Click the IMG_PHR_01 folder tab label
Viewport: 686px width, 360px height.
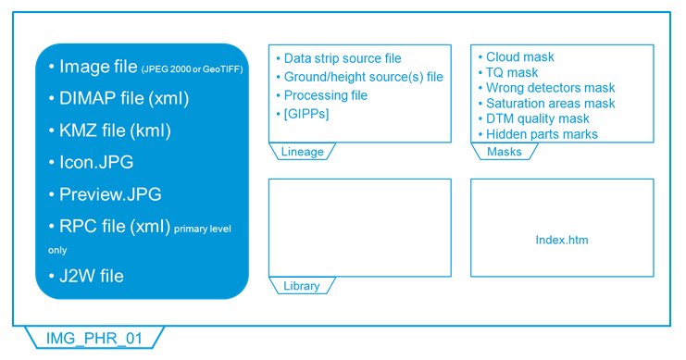click(x=94, y=338)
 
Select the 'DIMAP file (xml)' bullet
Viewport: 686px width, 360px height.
click(x=123, y=98)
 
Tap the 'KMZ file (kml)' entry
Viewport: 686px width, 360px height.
click(x=115, y=130)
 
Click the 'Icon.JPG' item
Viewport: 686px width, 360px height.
click(x=95, y=162)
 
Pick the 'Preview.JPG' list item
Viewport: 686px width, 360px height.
click(x=109, y=194)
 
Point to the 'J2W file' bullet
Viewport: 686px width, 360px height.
click(x=91, y=276)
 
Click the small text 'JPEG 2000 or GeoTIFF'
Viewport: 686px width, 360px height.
click(x=193, y=69)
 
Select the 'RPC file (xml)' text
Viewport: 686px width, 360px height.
click(x=115, y=226)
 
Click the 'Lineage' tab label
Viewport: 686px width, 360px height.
click(x=302, y=152)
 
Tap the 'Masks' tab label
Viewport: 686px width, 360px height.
click(x=504, y=152)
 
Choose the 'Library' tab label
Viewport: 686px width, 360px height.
click(x=301, y=286)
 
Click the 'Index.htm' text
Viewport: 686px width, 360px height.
click(x=562, y=240)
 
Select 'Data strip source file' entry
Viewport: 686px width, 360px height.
click(x=342, y=58)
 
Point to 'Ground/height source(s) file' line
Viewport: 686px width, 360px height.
click(x=363, y=77)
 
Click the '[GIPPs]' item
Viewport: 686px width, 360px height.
click(x=306, y=114)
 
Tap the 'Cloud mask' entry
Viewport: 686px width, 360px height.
click(x=519, y=56)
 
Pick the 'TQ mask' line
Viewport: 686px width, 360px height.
click(x=511, y=72)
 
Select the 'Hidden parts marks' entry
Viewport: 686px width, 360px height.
click(x=542, y=134)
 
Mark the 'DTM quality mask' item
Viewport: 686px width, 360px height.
click(x=537, y=118)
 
